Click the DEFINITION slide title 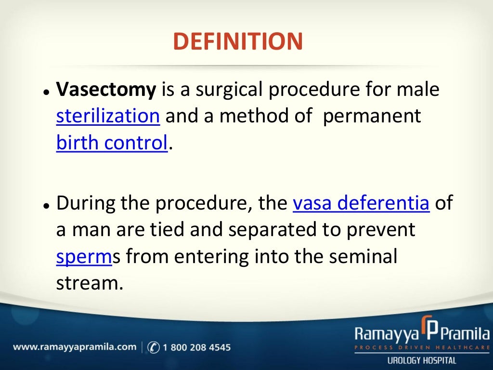238,41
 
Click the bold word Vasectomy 106,90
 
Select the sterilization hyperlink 108,116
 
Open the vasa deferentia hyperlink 361,204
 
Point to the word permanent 372,116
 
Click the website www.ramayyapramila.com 75,347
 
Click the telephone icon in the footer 154,347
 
